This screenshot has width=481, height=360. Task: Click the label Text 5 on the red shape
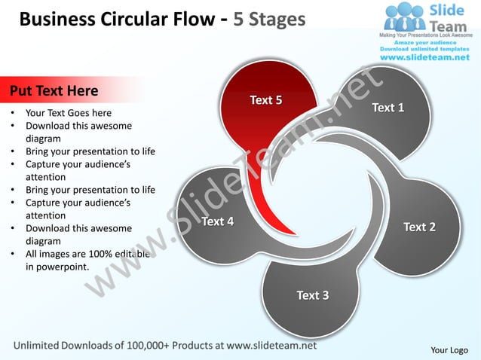coord(265,100)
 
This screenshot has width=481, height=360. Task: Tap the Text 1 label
coord(388,108)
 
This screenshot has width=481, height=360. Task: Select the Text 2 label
coord(419,227)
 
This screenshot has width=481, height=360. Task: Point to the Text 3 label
coord(312,295)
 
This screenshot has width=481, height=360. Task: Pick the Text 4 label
coord(217,221)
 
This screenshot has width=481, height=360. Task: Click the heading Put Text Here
coord(54,91)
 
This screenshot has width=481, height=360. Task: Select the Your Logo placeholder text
coord(449,349)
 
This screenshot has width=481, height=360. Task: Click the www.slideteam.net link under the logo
coord(424,57)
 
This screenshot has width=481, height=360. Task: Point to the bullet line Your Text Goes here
coord(69,114)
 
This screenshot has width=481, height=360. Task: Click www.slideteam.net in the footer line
coord(271,346)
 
